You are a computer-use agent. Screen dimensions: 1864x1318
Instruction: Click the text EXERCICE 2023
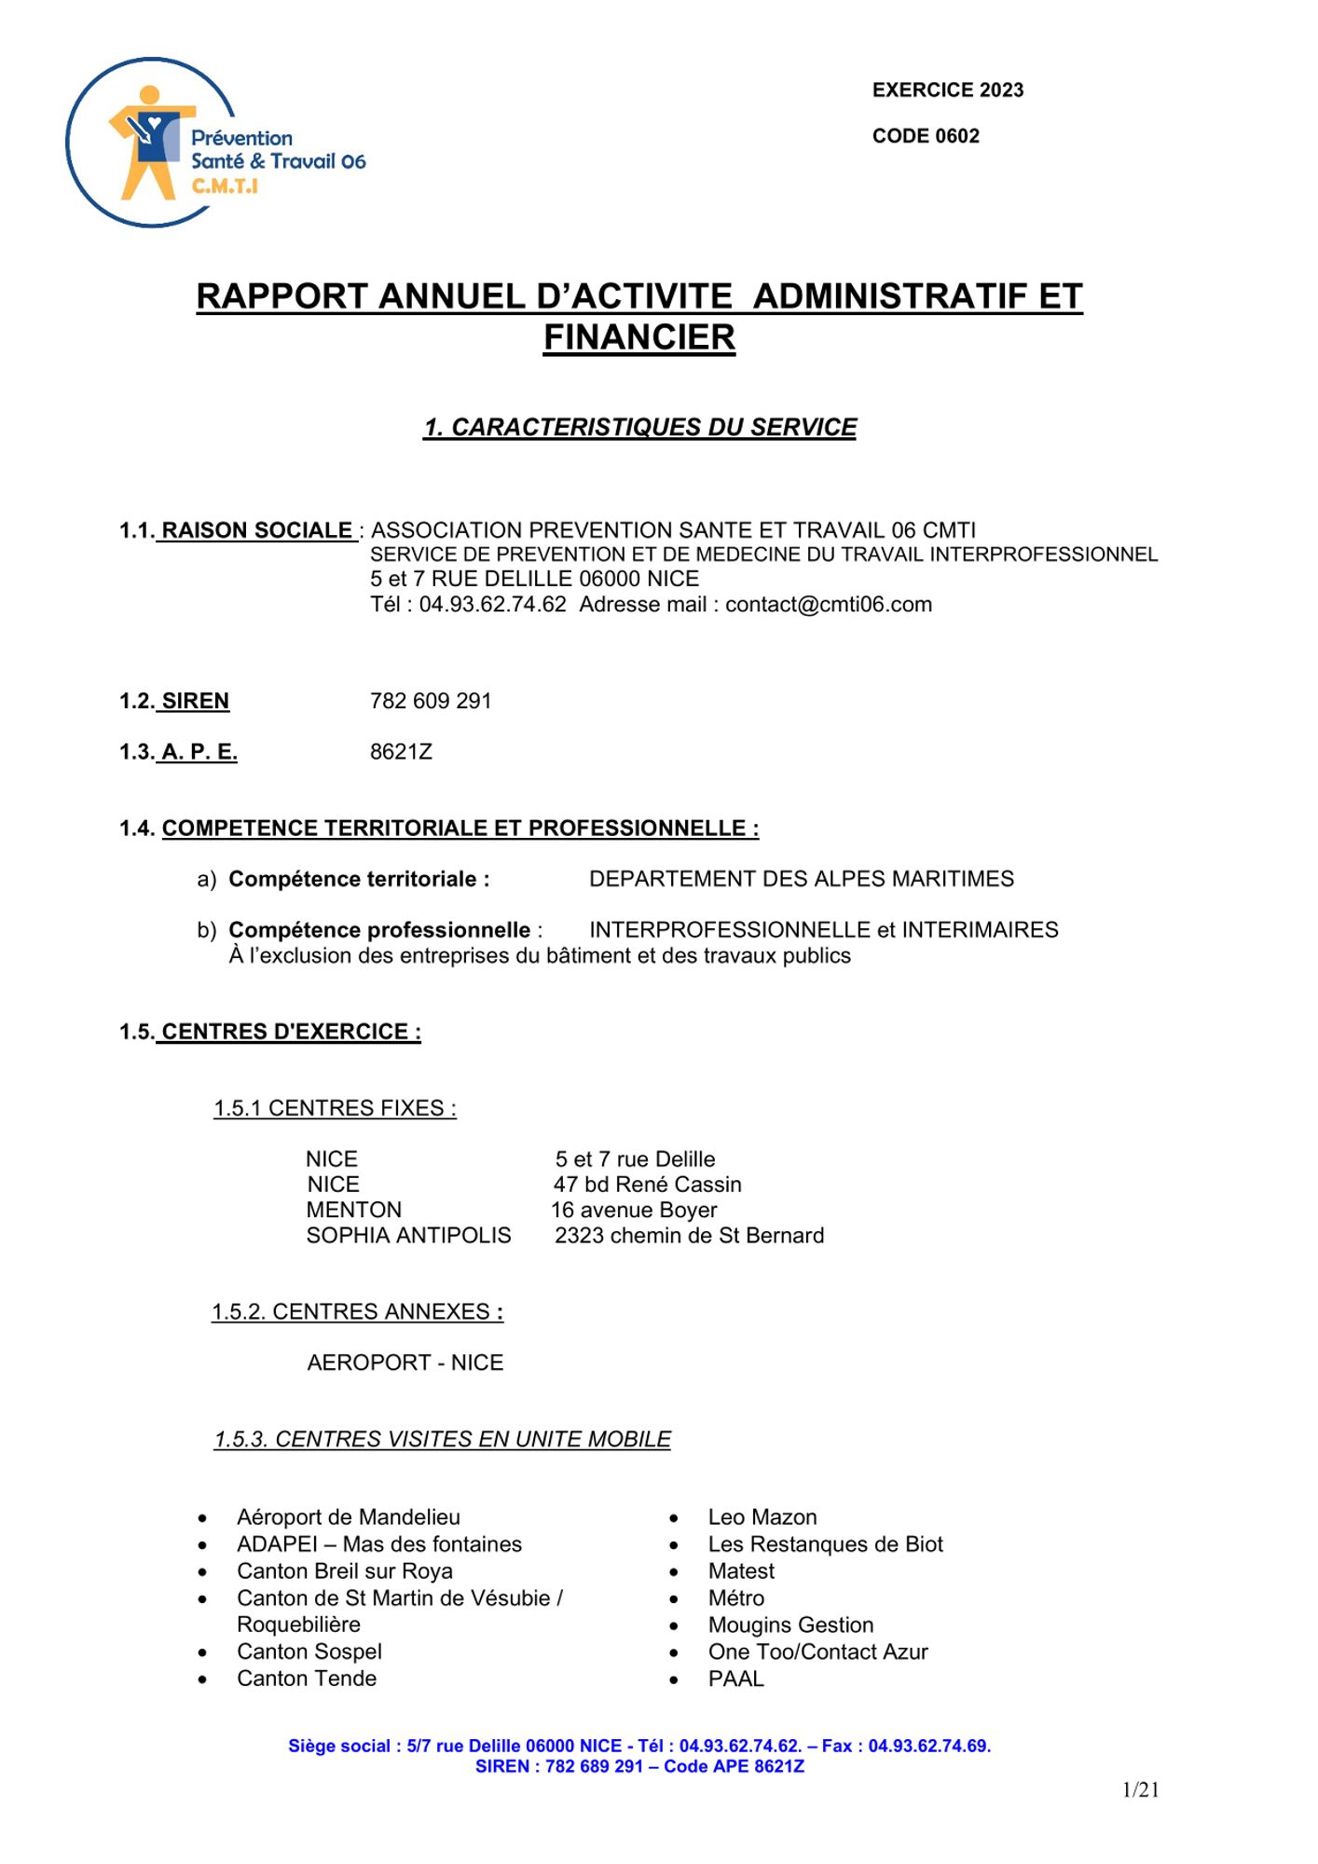(x=947, y=90)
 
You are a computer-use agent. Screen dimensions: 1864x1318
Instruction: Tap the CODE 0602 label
(x=925, y=136)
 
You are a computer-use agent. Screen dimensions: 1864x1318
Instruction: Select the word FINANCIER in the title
(x=639, y=337)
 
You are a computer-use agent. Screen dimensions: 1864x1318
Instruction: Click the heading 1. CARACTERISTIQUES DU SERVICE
(x=639, y=428)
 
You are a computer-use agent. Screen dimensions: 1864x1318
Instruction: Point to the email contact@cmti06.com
(x=828, y=605)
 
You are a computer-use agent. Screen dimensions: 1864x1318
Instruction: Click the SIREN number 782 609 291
(x=430, y=701)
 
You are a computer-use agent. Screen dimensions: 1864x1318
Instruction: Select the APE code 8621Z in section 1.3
(x=401, y=752)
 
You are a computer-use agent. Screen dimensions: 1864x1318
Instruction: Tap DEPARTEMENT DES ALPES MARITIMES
(x=801, y=879)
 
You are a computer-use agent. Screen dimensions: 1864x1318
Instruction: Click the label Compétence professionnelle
(x=379, y=930)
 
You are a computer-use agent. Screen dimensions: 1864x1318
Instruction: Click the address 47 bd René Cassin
(x=647, y=1185)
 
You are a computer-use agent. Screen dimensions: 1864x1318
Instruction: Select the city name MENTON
(x=353, y=1210)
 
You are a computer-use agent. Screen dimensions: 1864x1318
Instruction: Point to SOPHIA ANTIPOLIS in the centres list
(x=408, y=1236)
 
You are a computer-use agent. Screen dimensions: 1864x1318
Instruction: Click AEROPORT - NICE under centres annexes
(x=405, y=1363)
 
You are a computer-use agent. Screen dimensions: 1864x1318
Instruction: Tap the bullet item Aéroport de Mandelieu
(x=348, y=1517)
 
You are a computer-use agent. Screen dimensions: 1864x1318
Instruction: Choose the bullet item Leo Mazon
(x=762, y=1517)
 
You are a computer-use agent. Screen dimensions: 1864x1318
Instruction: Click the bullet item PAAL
(x=735, y=1679)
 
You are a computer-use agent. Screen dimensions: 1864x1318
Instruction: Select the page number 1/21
(x=1140, y=1789)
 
